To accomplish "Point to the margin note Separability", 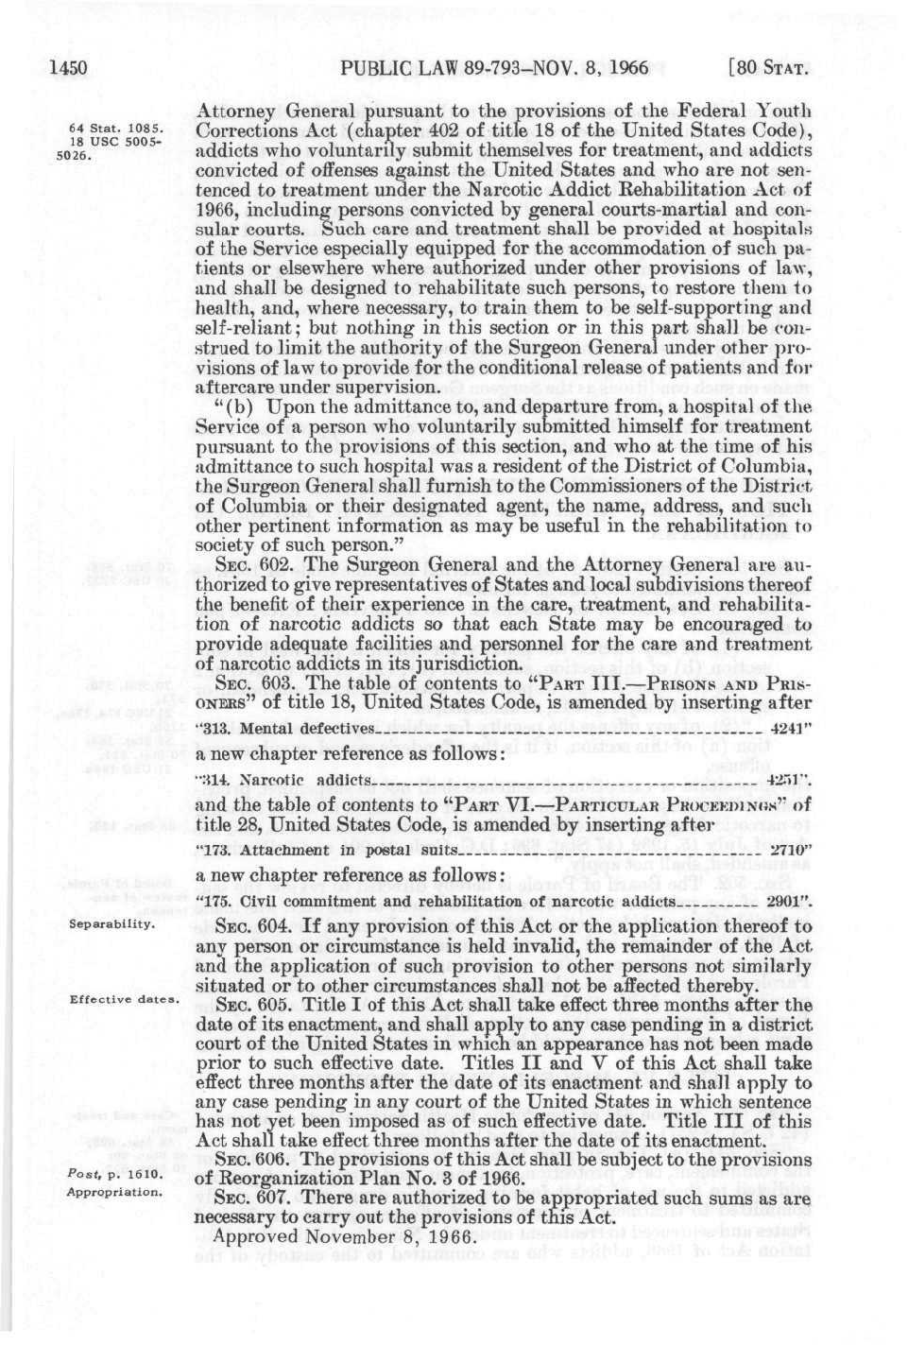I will (111, 923).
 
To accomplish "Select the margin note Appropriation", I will (114, 1192).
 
